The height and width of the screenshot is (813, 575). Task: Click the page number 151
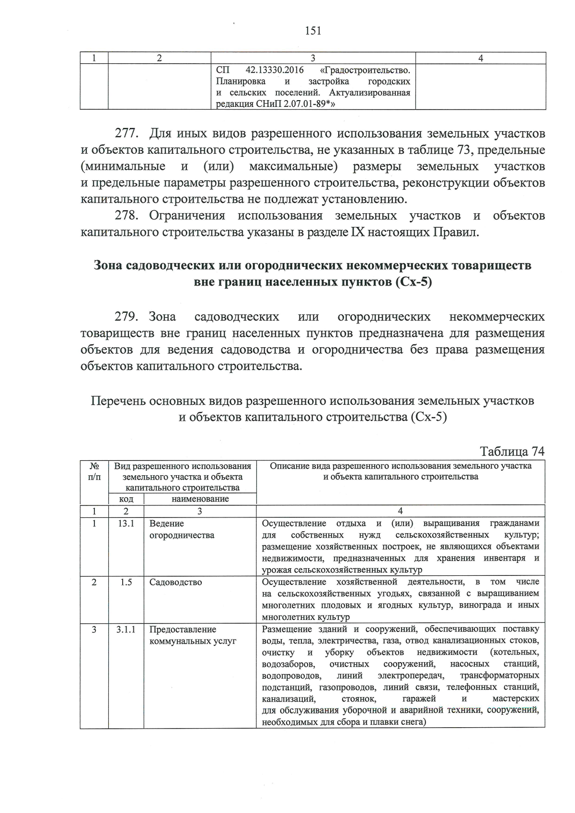click(312, 31)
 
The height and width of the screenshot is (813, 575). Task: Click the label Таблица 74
click(512, 452)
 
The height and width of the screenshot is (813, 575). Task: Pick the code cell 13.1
click(126, 524)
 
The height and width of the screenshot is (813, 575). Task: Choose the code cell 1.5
click(126, 583)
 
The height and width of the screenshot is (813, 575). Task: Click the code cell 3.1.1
click(126, 630)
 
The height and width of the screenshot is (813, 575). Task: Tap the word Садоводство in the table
click(175, 583)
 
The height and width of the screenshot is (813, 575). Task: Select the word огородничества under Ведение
click(182, 536)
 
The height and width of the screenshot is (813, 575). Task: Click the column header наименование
click(200, 499)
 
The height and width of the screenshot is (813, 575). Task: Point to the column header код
click(126, 499)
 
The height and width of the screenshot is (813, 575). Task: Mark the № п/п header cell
click(94, 471)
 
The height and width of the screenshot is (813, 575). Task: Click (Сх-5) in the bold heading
click(414, 282)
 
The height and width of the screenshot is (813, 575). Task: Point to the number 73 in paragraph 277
click(462, 150)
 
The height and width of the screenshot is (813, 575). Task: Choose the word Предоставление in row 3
click(183, 630)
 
